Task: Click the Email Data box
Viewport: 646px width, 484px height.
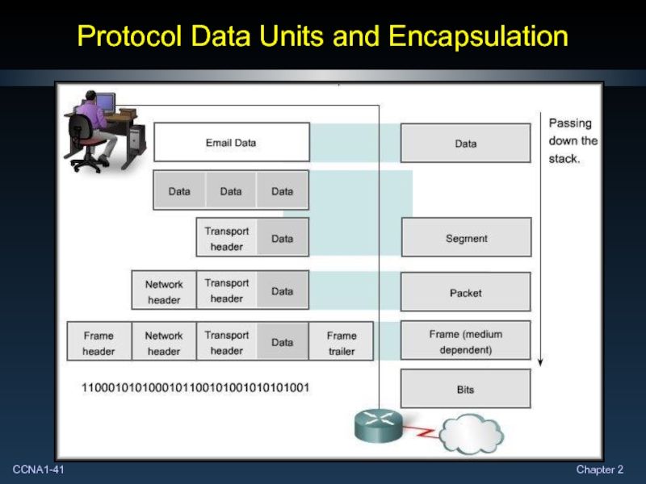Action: (x=231, y=143)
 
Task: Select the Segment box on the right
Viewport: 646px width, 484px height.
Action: (x=466, y=239)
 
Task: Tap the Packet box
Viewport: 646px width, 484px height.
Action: (x=466, y=293)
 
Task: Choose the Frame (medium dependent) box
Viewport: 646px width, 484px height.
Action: (x=466, y=341)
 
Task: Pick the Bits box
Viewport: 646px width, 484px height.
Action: (x=466, y=390)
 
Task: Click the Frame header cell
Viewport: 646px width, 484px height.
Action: (x=99, y=343)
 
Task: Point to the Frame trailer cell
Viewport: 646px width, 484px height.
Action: (x=342, y=343)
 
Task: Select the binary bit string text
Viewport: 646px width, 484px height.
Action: (x=195, y=387)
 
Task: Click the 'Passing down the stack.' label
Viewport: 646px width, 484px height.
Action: (x=573, y=141)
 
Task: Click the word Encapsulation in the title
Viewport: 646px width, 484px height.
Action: (x=477, y=36)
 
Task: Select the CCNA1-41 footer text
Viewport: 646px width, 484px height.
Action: (x=39, y=469)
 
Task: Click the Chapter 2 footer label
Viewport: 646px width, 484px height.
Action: (x=599, y=469)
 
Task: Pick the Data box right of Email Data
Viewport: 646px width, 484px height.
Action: (x=466, y=144)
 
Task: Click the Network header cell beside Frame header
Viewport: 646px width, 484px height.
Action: (x=164, y=343)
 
